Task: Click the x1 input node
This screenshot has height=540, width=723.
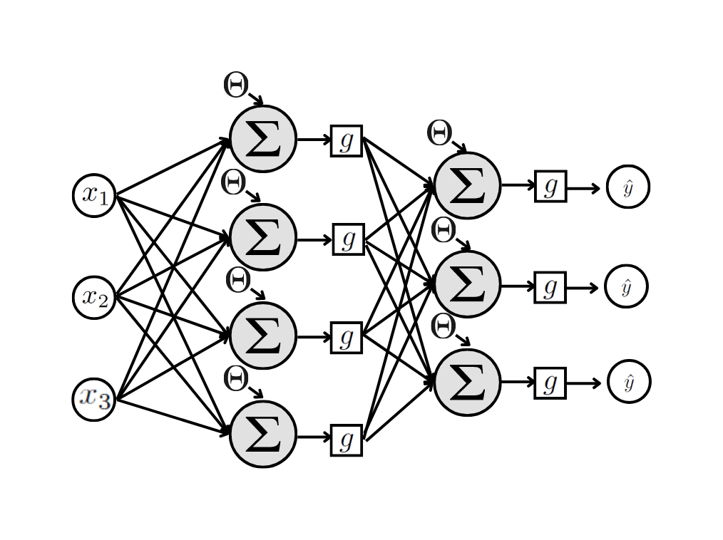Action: [x=94, y=195]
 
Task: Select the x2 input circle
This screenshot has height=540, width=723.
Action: [x=94, y=297]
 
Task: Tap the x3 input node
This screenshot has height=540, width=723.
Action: [x=94, y=399]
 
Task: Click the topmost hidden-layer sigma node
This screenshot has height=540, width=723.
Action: [x=263, y=139]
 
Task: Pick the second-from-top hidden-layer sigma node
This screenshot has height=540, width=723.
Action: [x=263, y=237]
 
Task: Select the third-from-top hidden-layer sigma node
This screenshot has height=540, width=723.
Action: [x=263, y=336]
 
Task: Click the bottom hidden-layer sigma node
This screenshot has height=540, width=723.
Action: [x=263, y=435]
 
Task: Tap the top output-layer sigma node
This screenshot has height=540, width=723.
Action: [x=467, y=185]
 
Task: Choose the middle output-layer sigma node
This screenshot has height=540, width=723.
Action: [x=467, y=284]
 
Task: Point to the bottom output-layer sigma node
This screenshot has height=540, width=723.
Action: [x=467, y=383]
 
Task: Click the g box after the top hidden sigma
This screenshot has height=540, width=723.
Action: [x=347, y=140]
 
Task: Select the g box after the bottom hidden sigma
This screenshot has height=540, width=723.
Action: [x=347, y=440]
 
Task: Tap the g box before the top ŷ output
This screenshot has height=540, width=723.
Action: [x=550, y=187]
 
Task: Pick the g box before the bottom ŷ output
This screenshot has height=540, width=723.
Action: [x=550, y=383]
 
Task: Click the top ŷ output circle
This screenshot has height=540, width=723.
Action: [x=627, y=187]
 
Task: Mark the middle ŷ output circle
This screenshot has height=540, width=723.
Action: [x=626, y=286]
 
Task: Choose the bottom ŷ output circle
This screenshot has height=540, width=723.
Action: [x=628, y=383]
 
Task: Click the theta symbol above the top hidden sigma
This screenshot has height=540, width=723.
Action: [x=235, y=85]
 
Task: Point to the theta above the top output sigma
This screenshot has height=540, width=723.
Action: [x=439, y=133]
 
